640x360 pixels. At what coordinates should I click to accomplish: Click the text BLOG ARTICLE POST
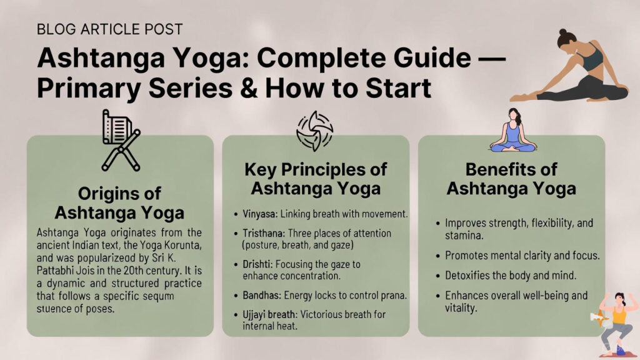pos(110,29)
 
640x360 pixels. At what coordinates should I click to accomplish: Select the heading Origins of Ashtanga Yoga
pos(120,202)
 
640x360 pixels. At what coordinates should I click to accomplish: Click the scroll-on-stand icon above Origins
pos(120,140)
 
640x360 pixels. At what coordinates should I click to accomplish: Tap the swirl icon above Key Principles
pos(315,132)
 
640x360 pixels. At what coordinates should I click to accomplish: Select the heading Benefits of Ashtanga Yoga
pos(511,179)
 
